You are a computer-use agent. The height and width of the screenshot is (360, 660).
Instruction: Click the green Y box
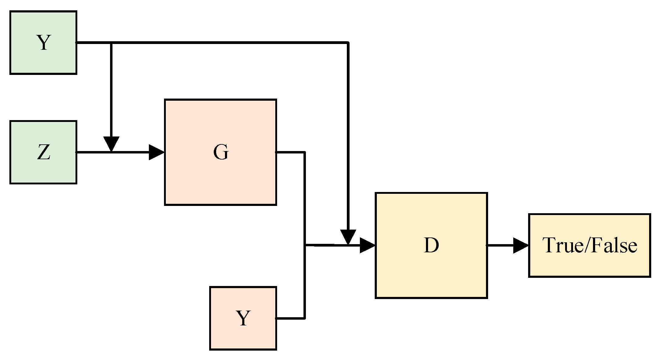pyautogui.click(x=43, y=42)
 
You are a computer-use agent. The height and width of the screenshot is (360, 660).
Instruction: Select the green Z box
pyautogui.click(x=43, y=152)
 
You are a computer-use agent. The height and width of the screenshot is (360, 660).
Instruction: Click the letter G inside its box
pyautogui.click(x=221, y=152)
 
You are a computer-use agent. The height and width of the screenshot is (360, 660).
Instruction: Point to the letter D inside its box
pyautogui.click(x=431, y=245)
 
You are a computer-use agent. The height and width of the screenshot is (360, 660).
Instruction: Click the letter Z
pyautogui.click(x=44, y=152)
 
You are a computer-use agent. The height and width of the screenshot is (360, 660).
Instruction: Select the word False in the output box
pyautogui.click(x=614, y=245)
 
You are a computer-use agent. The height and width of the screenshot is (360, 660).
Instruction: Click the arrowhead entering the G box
pyautogui.click(x=156, y=152)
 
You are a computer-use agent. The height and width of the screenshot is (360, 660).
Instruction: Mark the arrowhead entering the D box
pyautogui.click(x=367, y=245)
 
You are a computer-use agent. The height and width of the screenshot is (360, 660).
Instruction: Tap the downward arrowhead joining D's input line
pyautogui.click(x=348, y=237)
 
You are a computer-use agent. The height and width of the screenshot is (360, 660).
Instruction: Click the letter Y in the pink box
pyautogui.click(x=243, y=318)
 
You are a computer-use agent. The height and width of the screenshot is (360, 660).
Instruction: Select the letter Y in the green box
pyautogui.click(x=44, y=42)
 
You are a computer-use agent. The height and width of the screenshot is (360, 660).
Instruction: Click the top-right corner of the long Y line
pyautogui.click(x=348, y=43)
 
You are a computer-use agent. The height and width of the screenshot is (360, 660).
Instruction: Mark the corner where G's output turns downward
pyautogui.click(x=304, y=152)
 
